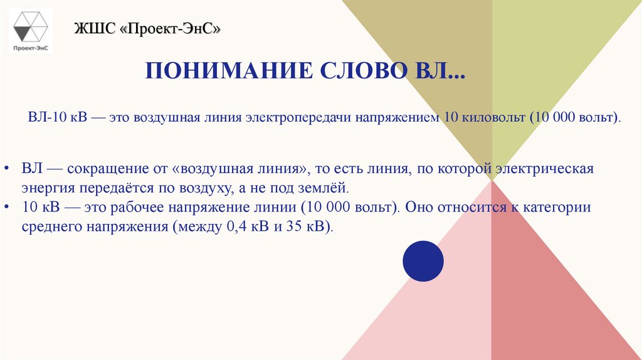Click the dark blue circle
[x=423, y=260]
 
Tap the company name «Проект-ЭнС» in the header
[x=175, y=29]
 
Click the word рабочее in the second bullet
[x=140, y=208]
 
